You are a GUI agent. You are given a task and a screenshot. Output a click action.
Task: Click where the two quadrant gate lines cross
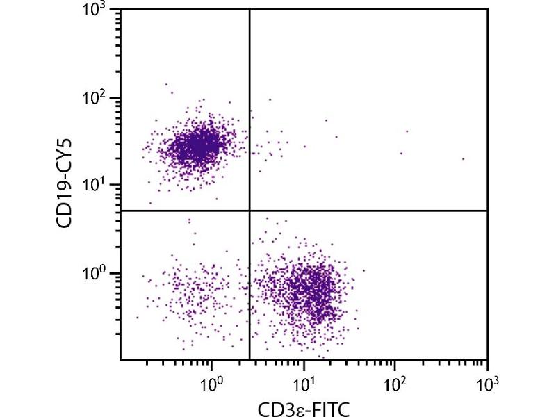(x=250, y=210)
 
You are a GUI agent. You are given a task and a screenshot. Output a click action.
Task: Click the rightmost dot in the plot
(x=463, y=158)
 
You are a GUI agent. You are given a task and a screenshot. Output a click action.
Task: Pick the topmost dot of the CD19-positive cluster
(x=166, y=84)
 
